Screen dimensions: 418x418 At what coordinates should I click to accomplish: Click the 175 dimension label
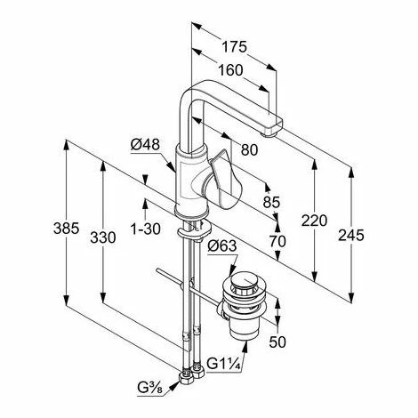[x=235, y=47]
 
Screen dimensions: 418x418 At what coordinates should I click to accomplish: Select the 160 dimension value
[x=230, y=70]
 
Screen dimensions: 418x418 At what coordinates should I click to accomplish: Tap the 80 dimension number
[x=249, y=149]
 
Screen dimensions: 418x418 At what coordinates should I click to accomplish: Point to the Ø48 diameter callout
[x=145, y=145]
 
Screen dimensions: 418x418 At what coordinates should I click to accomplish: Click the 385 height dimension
[x=67, y=229]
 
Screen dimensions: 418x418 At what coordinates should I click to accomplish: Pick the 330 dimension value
[x=103, y=237]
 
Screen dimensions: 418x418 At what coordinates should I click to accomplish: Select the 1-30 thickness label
[x=146, y=229]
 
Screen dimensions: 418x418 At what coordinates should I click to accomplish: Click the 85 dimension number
[x=271, y=202]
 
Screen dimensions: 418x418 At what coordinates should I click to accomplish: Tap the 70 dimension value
[x=277, y=241]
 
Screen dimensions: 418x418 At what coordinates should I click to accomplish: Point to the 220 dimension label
[x=314, y=221]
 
